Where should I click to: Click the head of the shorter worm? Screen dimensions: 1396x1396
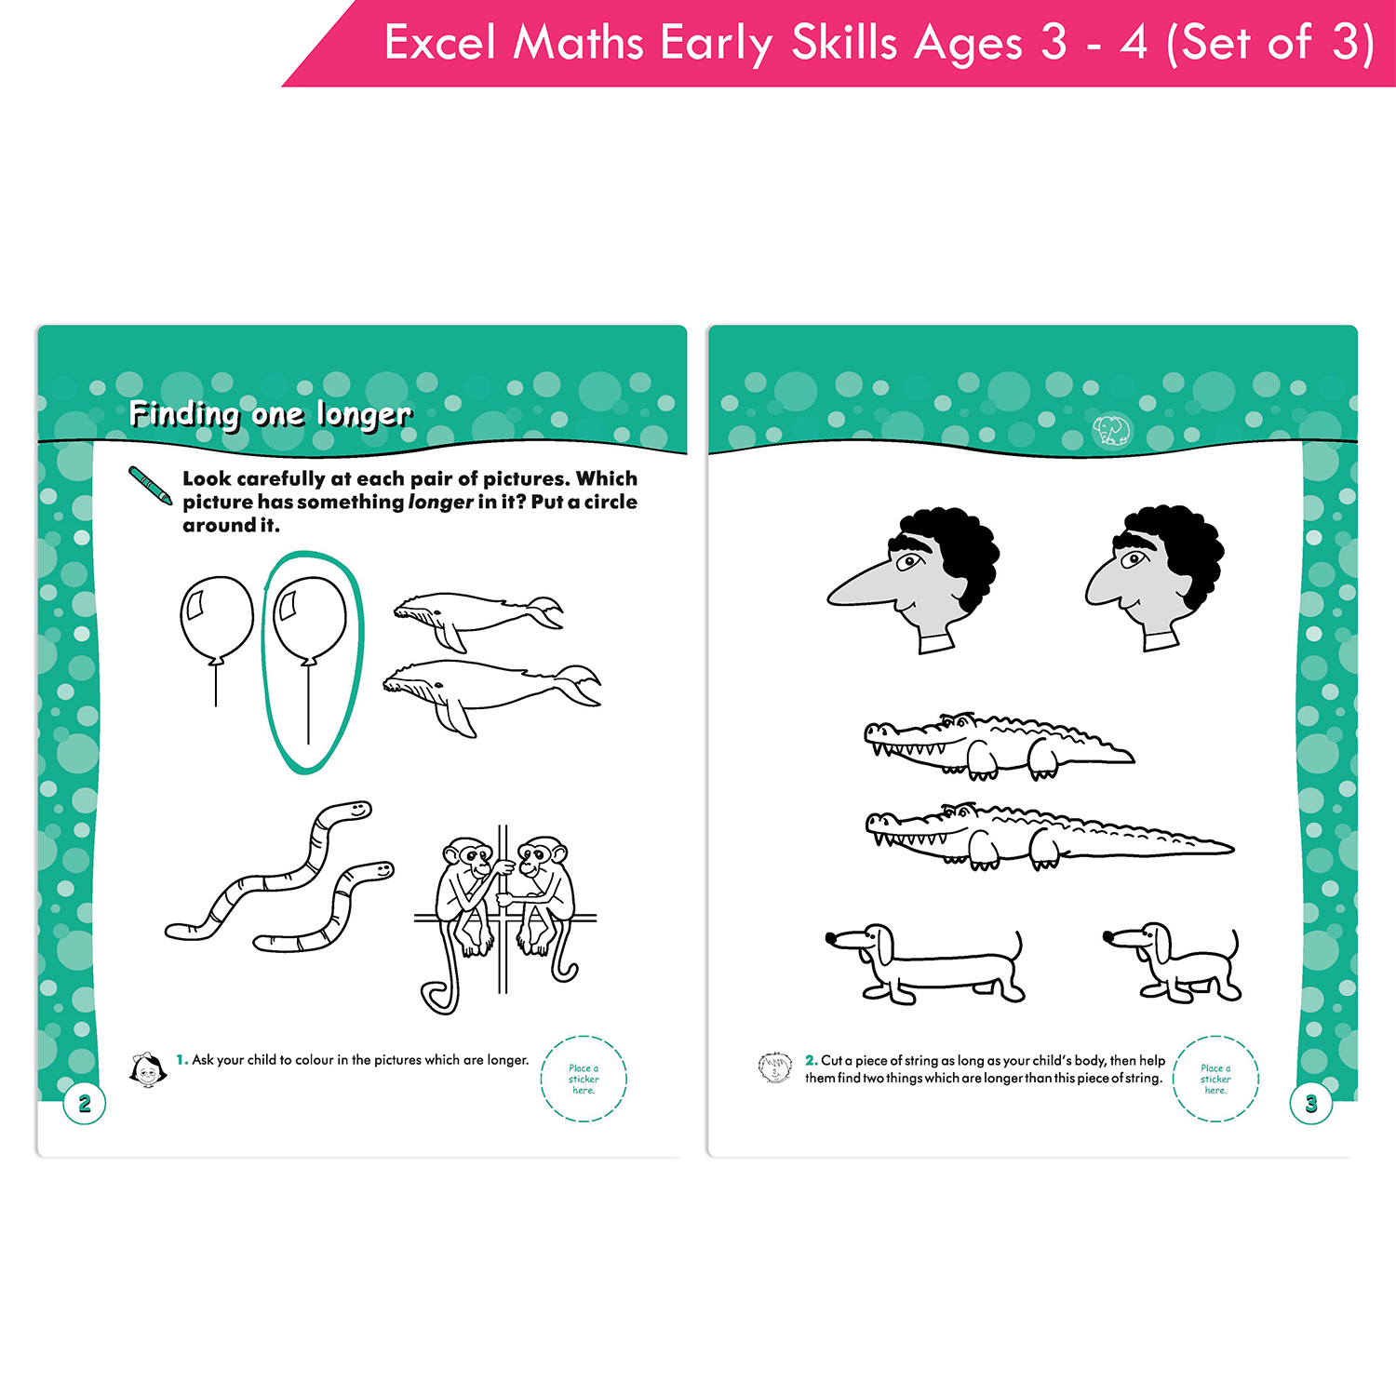(378, 870)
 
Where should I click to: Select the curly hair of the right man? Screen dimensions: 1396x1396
(1178, 549)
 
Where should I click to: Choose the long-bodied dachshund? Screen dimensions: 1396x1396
(925, 964)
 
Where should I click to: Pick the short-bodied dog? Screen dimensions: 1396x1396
(1173, 963)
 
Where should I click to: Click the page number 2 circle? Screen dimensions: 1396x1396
(85, 1104)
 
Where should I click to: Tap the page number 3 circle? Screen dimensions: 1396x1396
(1311, 1104)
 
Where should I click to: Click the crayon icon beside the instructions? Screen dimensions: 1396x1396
(150, 486)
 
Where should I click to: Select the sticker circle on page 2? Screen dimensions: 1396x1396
(584, 1079)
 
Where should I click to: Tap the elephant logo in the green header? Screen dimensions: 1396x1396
(1111, 430)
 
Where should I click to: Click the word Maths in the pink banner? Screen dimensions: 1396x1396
(578, 43)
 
